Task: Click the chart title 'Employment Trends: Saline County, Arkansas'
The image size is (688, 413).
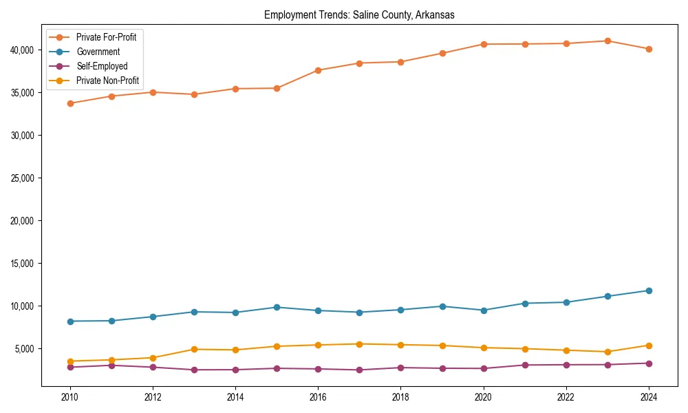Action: click(359, 15)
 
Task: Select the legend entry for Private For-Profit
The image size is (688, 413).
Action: click(106, 37)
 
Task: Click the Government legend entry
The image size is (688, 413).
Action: click(98, 52)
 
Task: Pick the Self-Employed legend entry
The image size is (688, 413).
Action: click(102, 66)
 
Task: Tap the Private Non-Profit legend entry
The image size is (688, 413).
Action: click(107, 81)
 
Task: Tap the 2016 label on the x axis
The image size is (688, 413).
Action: click(318, 397)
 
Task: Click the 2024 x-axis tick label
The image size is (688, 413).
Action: click(649, 397)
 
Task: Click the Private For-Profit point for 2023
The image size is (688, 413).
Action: click(608, 41)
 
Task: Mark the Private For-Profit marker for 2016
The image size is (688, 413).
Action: click(318, 70)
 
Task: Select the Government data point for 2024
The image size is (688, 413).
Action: click(649, 290)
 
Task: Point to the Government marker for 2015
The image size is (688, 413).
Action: click(277, 307)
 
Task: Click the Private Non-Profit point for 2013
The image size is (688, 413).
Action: click(194, 349)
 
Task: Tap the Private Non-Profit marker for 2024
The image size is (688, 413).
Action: click(649, 346)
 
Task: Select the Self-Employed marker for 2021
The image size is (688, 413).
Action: click(525, 365)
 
